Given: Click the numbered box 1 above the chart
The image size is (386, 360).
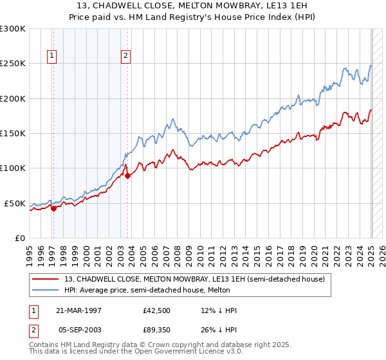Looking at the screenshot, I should pyautogui.click(x=51, y=56).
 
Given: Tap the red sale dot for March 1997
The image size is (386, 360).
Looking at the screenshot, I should pyautogui.click(x=54, y=208).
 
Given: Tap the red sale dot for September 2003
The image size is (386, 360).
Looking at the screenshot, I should pyautogui.click(x=127, y=175).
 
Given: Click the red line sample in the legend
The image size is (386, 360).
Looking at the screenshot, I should pyautogui.click(x=46, y=279).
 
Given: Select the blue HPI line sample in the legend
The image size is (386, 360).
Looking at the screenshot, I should pyautogui.click(x=46, y=290).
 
